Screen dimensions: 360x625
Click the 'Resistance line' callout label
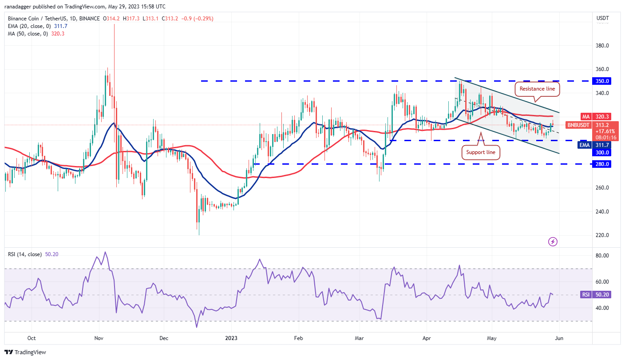(x=538, y=89)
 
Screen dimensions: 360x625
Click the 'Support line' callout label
(x=480, y=152)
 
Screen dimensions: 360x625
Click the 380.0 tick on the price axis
(x=601, y=46)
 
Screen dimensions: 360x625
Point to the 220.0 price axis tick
(x=601, y=235)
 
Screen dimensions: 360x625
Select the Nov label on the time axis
(x=99, y=338)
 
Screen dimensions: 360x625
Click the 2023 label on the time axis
(x=231, y=338)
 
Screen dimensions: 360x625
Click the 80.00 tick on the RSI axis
(x=601, y=256)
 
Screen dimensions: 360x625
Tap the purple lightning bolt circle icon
(x=553, y=241)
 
